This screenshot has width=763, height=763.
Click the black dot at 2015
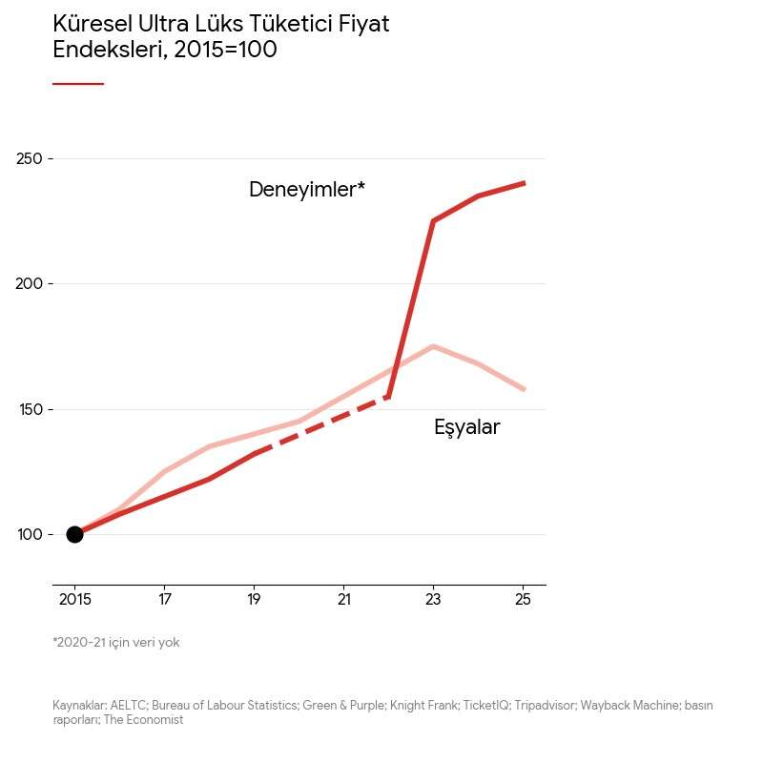74,534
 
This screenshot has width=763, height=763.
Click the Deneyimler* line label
306,190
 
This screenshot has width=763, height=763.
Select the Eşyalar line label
466,427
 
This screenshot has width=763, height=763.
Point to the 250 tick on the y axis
30,158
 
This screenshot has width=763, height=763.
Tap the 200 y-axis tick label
30,283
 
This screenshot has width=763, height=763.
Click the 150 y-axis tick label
30,409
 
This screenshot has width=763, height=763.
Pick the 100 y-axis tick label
30,534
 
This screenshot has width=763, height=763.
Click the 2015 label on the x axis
75,600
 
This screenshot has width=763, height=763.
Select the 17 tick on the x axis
164,600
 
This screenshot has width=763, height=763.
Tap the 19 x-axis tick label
254,600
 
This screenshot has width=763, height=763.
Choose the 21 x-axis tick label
343,600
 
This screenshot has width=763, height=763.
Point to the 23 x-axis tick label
433,600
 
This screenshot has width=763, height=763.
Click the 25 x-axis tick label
523,600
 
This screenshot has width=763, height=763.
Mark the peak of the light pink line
433,346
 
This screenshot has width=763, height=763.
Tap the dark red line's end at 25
523,183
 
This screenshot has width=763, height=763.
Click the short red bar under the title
77,84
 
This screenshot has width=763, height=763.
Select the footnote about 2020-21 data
115,643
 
